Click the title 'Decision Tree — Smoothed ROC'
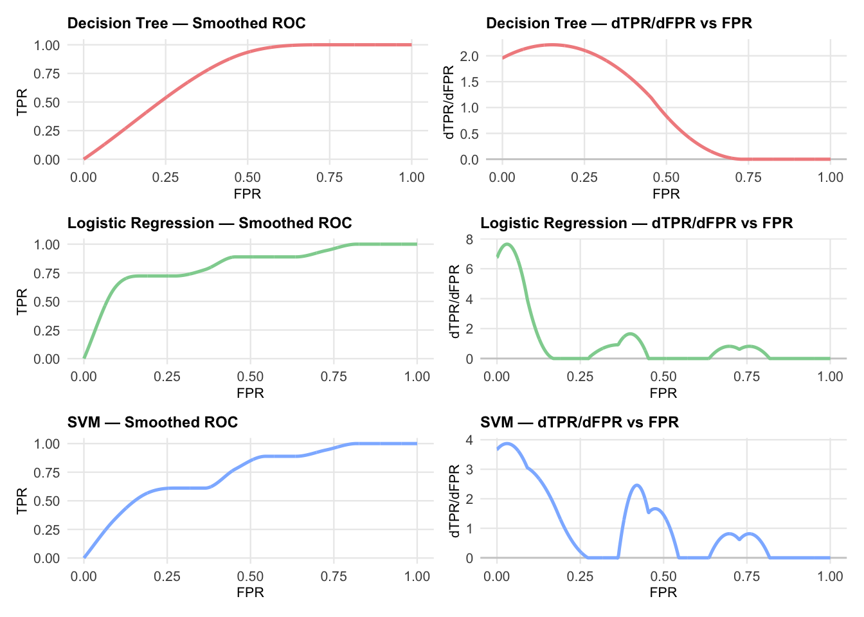click(x=186, y=24)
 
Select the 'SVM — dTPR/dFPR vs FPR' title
click(x=579, y=422)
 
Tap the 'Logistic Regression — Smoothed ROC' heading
click(x=210, y=223)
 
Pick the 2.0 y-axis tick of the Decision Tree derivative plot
click(x=470, y=57)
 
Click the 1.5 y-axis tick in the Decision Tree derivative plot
click(x=470, y=82)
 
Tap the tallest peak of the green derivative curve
click(x=507, y=244)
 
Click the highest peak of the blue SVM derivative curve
click(x=507, y=443)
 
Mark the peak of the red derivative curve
click(x=552, y=45)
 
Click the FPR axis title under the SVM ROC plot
click(x=250, y=592)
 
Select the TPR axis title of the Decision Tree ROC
click(x=22, y=102)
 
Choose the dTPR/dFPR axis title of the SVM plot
click(x=456, y=500)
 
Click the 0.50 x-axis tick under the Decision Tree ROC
click(x=248, y=177)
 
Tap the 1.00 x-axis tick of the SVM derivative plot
click(x=830, y=576)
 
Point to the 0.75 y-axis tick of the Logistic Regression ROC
click(x=47, y=273)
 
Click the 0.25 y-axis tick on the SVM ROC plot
click(x=47, y=530)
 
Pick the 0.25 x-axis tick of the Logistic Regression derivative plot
click(x=580, y=377)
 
